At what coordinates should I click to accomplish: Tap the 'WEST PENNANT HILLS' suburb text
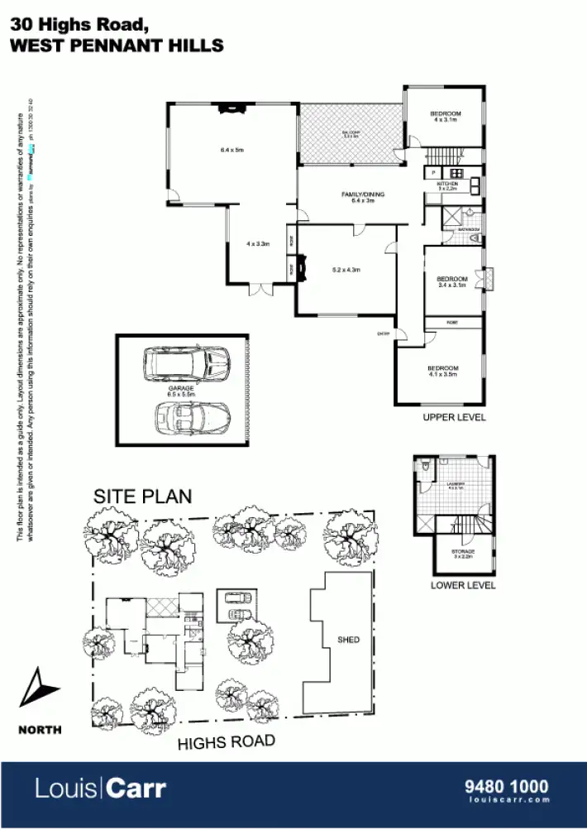click(117, 46)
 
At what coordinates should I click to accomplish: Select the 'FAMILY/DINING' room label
click(363, 194)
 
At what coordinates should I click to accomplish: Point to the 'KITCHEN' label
click(447, 184)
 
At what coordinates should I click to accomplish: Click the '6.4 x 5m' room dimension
click(231, 150)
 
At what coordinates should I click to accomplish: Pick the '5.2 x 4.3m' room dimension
click(346, 270)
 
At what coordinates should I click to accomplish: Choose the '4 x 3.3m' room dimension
click(259, 244)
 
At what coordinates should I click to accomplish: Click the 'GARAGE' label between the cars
click(181, 387)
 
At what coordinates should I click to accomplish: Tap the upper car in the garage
click(186, 362)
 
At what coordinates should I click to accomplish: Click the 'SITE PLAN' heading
click(142, 497)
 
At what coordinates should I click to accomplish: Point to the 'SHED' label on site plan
click(348, 640)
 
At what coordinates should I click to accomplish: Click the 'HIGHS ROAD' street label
click(226, 743)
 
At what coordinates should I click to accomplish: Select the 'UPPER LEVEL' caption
click(454, 417)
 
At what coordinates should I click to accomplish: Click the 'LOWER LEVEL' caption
click(463, 585)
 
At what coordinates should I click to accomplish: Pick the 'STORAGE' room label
click(463, 552)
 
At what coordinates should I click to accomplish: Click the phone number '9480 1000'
click(508, 784)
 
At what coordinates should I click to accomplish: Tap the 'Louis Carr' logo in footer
click(100, 788)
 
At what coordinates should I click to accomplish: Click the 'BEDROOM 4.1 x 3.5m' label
click(443, 371)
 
